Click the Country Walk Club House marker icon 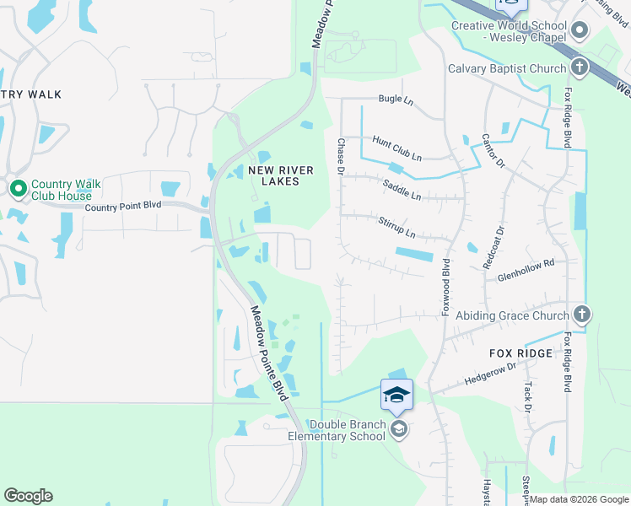(18, 189)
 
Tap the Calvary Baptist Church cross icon (579, 67)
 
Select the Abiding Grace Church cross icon (580, 315)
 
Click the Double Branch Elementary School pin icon (399, 430)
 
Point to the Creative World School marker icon (579, 31)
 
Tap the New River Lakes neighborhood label (281, 176)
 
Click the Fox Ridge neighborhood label (520, 353)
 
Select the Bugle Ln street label (396, 99)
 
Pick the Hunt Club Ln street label (396, 148)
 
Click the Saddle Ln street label (401, 189)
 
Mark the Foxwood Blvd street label (446, 288)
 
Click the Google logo (28, 496)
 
